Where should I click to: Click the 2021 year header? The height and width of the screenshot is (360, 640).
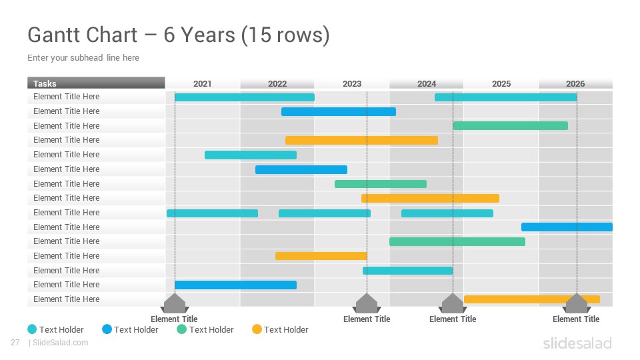pyautogui.click(x=203, y=83)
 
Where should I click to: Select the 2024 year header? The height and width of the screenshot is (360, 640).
pyautogui.click(x=427, y=83)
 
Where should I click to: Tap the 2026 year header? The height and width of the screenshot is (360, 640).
pyautogui.click(x=575, y=83)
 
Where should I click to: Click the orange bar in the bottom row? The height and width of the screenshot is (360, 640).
pyautogui.click(x=532, y=299)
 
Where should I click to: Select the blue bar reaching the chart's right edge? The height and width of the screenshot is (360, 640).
pyautogui.click(x=567, y=227)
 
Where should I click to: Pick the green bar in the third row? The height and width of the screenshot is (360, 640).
pyautogui.click(x=511, y=126)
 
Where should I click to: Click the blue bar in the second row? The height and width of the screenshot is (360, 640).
pyautogui.click(x=339, y=111)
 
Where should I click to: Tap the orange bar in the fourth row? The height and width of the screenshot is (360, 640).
pyautogui.click(x=361, y=141)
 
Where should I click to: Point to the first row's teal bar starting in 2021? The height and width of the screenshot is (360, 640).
pyautogui.click(x=245, y=97)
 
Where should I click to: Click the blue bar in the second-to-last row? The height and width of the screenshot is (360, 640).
pyautogui.click(x=235, y=285)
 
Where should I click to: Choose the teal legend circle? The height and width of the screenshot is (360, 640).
pyautogui.click(x=32, y=329)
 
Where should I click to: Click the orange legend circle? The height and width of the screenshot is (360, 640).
pyautogui.click(x=257, y=329)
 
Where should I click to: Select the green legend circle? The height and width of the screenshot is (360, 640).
pyautogui.click(x=181, y=329)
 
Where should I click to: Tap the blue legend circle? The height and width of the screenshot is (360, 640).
pyautogui.click(x=107, y=329)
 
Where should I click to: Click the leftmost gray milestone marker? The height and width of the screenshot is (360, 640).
pyautogui.click(x=175, y=304)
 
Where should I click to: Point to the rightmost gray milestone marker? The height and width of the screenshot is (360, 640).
pyautogui.click(x=577, y=304)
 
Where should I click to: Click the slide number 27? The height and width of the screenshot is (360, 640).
pyautogui.click(x=15, y=343)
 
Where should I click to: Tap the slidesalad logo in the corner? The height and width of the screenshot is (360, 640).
pyautogui.click(x=577, y=343)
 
